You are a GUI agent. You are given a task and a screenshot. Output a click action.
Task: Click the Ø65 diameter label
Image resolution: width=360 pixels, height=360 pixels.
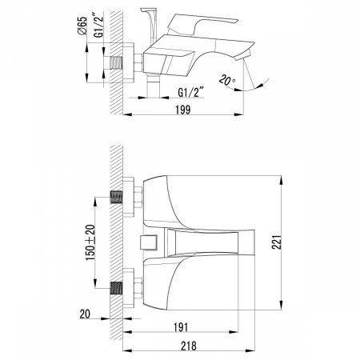82,26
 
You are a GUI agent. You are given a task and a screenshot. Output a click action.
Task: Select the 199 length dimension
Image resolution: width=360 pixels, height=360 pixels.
183,110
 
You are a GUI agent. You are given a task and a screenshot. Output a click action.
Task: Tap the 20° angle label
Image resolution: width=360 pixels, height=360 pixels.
227,80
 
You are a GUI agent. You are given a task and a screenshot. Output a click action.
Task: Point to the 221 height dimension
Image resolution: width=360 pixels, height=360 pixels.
277,242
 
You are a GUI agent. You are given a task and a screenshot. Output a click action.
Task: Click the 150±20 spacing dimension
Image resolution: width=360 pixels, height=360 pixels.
90,242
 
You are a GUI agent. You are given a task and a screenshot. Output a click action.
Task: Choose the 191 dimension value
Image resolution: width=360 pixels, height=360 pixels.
181,327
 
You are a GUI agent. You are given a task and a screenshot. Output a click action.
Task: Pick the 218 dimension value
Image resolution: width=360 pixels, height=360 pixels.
189,346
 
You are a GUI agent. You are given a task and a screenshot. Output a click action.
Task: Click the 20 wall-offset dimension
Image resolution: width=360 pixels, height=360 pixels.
85,314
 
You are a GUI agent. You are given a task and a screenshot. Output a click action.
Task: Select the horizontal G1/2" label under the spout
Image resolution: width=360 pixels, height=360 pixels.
190,93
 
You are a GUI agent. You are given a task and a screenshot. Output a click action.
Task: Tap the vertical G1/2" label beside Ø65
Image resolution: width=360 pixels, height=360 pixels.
98,25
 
